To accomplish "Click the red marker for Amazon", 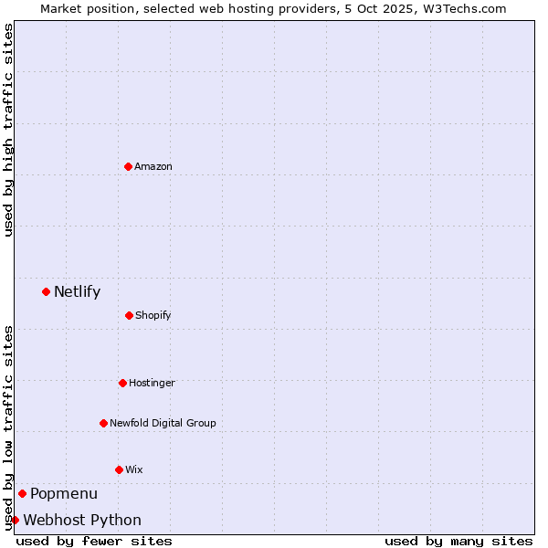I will (128, 166).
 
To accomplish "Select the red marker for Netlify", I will (46, 291).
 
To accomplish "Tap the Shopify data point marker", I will (129, 315).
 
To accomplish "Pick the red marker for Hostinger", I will (122, 383).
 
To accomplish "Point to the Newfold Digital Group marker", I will (103, 423).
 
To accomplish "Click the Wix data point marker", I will (119, 469).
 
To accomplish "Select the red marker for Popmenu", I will (22, 493).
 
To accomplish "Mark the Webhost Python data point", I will (15, 520).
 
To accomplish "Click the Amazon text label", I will (153, 166).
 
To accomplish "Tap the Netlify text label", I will (77, 292).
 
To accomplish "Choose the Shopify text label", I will (153, 316).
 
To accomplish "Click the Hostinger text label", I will (152, 383).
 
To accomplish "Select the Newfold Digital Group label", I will (163, 423).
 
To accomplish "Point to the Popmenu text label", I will (64, 494).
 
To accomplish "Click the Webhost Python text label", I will (82, 521).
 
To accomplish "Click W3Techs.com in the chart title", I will (469, 8).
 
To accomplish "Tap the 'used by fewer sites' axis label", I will (94, 541).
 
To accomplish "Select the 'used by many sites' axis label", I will (458, 541).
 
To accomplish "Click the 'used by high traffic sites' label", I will (8, 130).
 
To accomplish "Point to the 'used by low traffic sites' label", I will (8, 427).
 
